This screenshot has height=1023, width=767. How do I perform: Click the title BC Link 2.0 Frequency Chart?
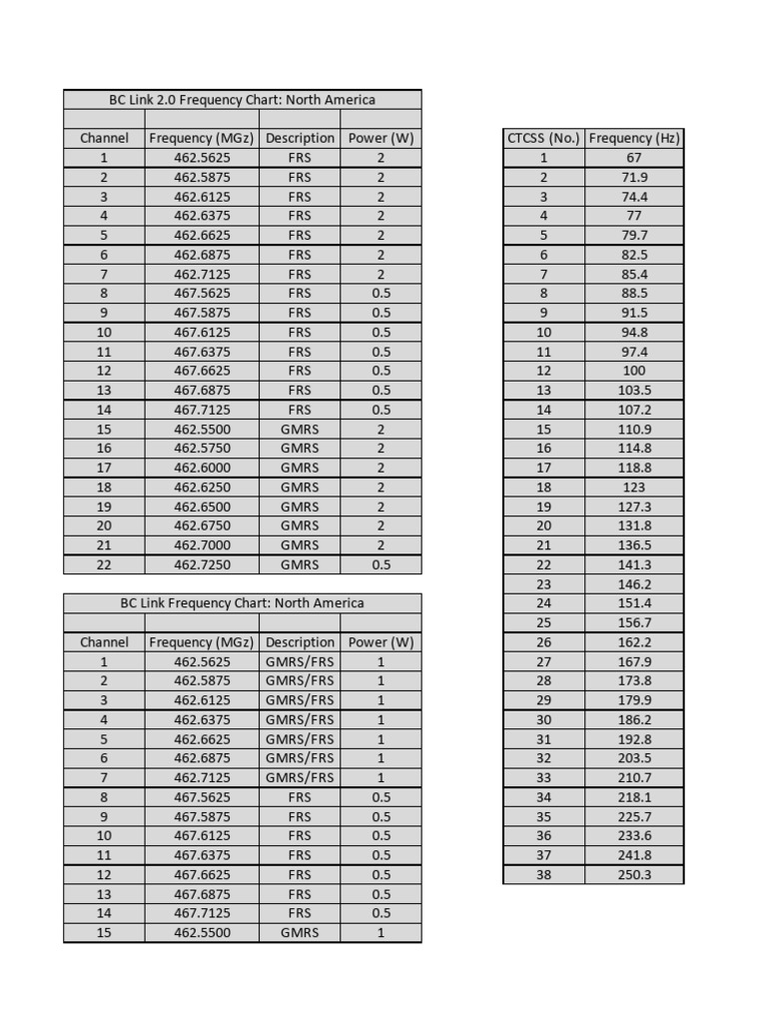(242, 100)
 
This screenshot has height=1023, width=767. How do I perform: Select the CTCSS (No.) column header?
(543, 138)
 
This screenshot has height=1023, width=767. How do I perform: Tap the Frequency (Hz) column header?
(634, 138)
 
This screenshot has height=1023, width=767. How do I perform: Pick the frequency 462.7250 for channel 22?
(202, 564)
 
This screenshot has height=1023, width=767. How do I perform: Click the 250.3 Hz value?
(634, 874)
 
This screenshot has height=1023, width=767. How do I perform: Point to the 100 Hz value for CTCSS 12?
(634, 371)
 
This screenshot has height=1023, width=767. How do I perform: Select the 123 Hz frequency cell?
(634, 488)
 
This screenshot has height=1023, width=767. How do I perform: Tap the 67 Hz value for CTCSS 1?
(634, 158)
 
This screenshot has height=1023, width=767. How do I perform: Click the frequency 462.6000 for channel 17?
(202, 468)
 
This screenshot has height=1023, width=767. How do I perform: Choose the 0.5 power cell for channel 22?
(381, 564)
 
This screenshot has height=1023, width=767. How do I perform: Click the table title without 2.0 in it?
(242, 603)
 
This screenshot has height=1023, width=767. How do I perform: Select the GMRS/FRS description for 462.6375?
(300, 719)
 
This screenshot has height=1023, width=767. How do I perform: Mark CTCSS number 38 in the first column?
(543, 874)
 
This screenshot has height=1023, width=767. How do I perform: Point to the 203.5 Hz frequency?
(634, 758)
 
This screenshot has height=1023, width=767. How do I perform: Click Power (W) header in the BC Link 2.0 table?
(381, 138)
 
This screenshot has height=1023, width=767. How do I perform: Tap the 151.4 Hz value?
(634, 603)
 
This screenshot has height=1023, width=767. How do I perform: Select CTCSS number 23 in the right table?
(543, 584)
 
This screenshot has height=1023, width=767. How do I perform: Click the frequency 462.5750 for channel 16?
(202, 449)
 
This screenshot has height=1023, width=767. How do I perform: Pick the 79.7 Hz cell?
(634, 236)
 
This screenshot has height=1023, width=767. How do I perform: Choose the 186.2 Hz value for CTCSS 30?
(634, 719)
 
